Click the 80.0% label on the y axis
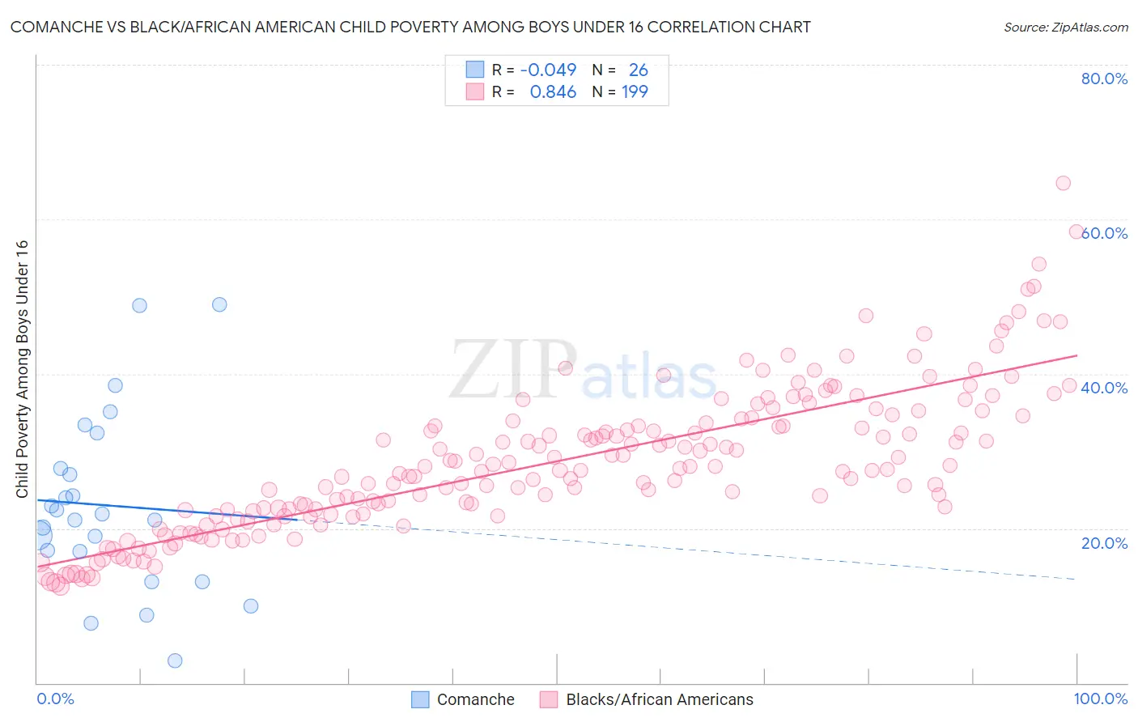pos(1104,79)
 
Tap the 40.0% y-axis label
pos(1104,388)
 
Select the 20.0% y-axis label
pos(1104,543)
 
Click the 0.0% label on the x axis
pos(55,699)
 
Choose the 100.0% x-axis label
pos(1100,699)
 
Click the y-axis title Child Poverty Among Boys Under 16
pos(22,369)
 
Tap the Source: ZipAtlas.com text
pos(1065,27)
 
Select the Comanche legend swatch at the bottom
pos(420,699)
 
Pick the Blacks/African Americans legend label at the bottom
pos(659,699)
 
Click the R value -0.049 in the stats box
pos(548,70)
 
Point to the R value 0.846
pos(553,91)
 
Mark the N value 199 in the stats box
pos(635,91)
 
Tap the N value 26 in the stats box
pos(638,70)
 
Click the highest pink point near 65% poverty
pos(1063,183)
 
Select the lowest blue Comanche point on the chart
pos(175,660)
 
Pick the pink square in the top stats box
pos(474,91)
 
